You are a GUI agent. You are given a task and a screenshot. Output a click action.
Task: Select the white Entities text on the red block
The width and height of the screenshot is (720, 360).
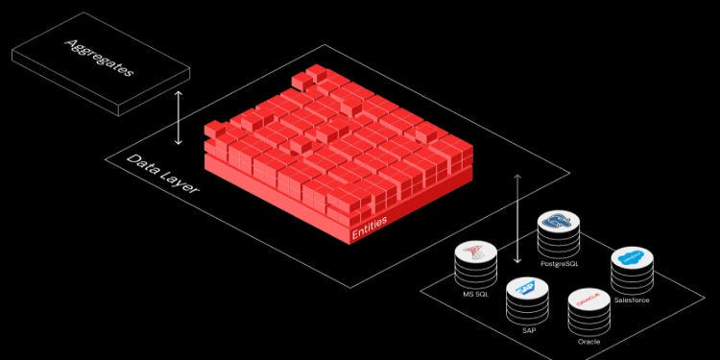[x=369, y=231]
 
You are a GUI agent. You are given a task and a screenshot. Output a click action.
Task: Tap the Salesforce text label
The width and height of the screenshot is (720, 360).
[x=631, y=300]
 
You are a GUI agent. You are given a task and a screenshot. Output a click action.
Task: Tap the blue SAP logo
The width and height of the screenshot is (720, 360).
[x=524, y=285]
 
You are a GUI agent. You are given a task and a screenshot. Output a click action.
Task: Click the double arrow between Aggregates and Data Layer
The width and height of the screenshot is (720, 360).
[x=178, y=120]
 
